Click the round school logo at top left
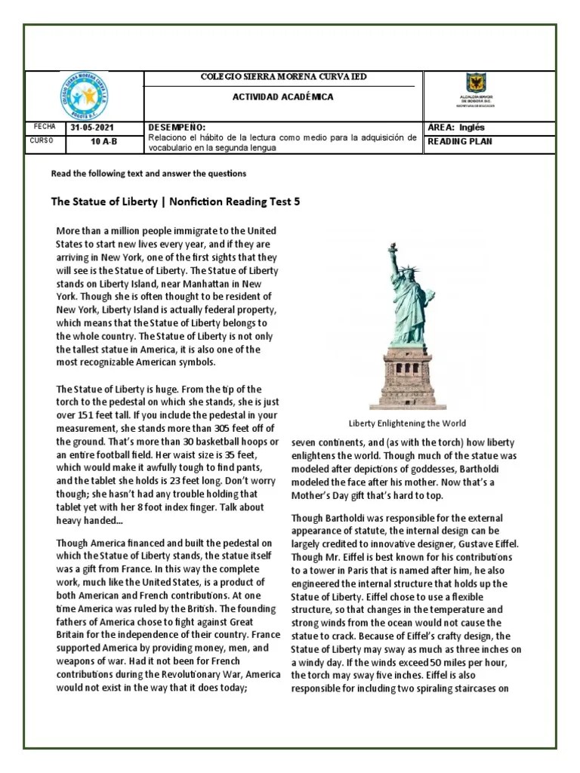[83, 96]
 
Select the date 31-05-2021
[93, 128]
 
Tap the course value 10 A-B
[104, 141]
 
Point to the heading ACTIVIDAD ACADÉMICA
[282, 97]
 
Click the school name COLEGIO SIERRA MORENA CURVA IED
[282, 77]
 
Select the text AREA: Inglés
[456, 128]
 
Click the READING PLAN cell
[460, 141]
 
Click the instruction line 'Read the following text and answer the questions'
[149, 174]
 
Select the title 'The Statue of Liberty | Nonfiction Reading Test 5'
[180, 202]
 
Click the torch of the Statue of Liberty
[392, 248]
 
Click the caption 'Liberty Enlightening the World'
[407, 423]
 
